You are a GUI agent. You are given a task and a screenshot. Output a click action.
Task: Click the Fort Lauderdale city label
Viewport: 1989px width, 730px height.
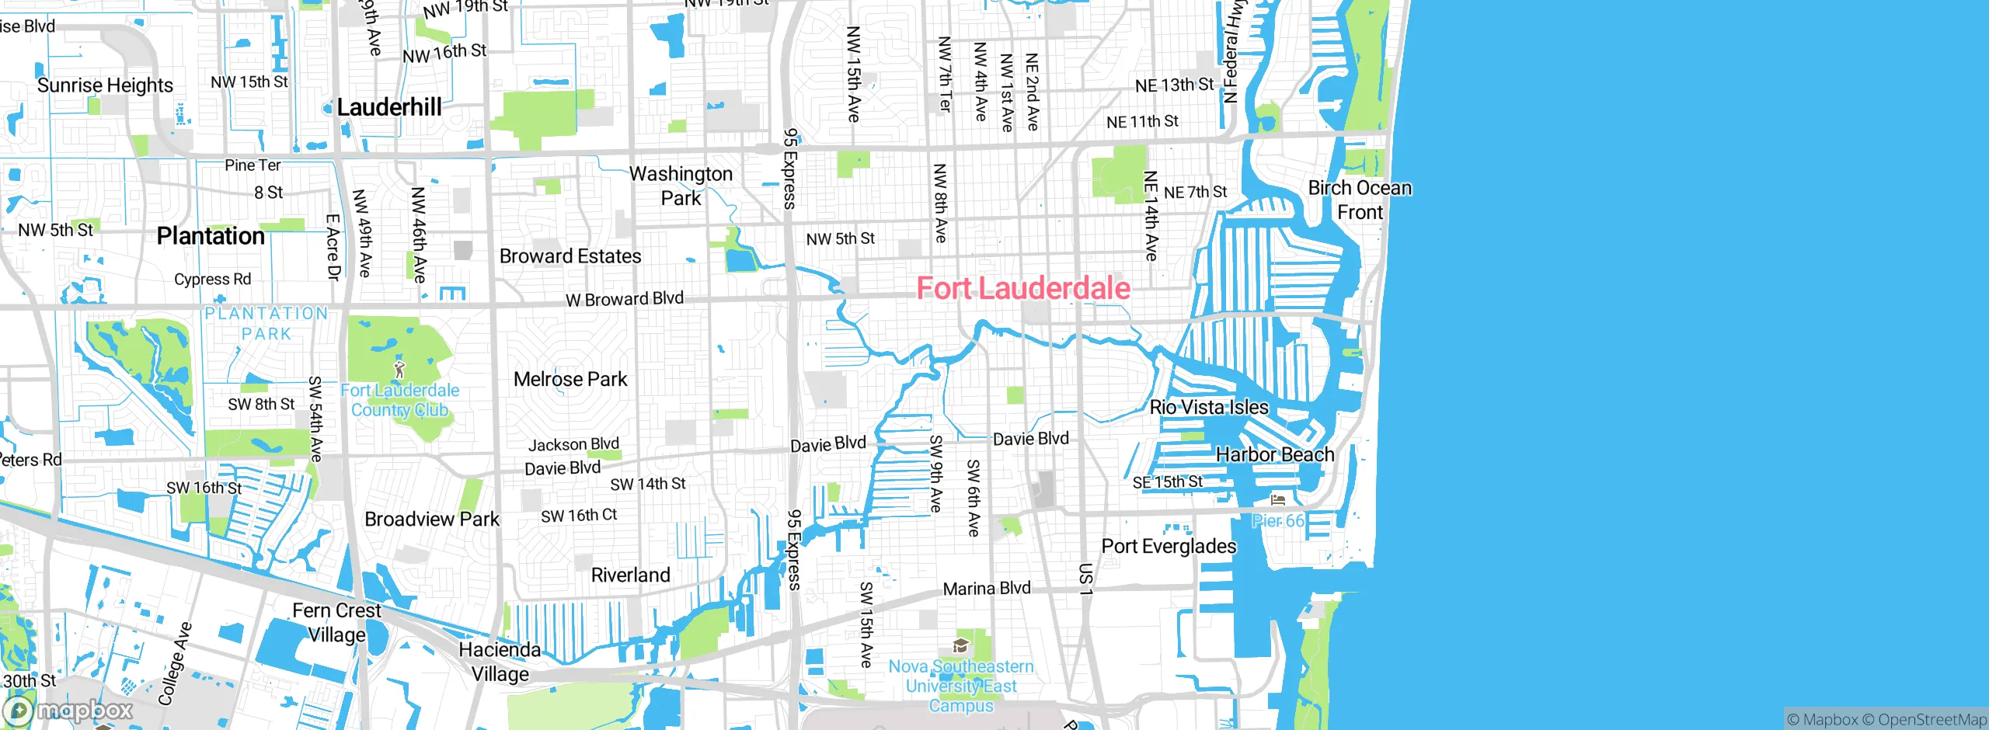(x=1022, y=288)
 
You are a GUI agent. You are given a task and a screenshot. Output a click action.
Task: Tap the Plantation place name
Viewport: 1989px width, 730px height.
(x=211, y=236)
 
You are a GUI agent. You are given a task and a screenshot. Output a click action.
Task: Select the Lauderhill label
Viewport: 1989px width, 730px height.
(x=389, y=107)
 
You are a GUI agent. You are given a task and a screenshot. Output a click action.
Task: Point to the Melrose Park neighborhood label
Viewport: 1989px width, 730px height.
(x=570, y=379)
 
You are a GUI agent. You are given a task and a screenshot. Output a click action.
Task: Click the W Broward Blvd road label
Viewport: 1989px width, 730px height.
(x=625, y=299)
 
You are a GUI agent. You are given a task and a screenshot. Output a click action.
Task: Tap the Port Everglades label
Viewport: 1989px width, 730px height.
(x=1169, y=546)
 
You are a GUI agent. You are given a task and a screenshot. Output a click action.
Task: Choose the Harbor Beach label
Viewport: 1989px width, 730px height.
(x=1274, y=454)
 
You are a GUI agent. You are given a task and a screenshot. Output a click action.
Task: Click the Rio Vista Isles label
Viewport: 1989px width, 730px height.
(x=1209, y=407)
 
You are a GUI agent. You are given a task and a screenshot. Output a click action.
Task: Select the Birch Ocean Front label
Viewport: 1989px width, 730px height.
(x=1360, y=200)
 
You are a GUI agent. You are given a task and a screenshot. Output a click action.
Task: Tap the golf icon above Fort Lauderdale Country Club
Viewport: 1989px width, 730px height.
(x=399, y=369)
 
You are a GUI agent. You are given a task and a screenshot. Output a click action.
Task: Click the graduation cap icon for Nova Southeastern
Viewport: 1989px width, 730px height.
(x=960, y=646)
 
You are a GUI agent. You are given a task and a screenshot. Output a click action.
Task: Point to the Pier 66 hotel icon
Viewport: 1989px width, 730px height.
(x=1278, y=500)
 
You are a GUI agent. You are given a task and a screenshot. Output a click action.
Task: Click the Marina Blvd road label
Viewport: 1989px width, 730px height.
(x=987, y=589)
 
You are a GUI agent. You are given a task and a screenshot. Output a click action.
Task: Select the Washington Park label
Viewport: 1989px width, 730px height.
(x=681, y=186)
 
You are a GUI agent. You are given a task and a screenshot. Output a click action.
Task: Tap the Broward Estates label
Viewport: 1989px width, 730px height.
(x=570, y=256)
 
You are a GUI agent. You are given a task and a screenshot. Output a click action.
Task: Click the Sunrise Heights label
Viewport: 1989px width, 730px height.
(x=105, y=85)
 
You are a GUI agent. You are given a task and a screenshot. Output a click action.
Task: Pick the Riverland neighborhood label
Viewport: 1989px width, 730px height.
(x=630, y=575)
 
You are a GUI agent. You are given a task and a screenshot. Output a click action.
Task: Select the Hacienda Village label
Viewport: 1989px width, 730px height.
(x=500, y=662)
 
